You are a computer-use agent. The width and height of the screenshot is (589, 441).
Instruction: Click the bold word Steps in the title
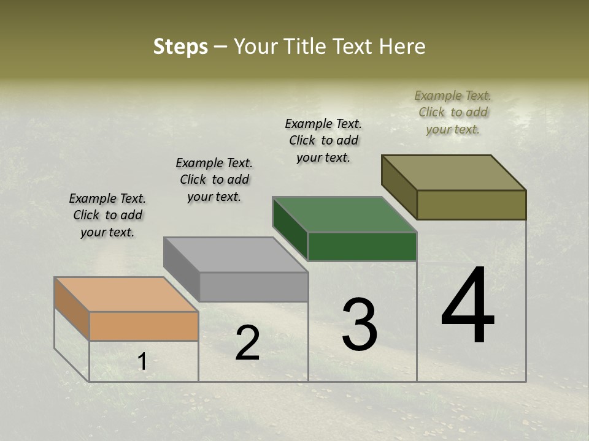tap(180, 47)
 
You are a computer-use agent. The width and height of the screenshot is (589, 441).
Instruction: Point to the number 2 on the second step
tap(247, 343)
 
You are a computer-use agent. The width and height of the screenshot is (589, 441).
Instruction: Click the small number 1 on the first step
tap(142, 362)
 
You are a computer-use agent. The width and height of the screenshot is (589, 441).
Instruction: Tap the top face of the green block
tap(345, 214)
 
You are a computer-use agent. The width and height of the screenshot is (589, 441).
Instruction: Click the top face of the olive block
tap(454, 173)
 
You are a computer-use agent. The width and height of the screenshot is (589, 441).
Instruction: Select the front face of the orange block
tap(144, 326)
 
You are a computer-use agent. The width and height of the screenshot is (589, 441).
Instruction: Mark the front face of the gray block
tap(253, 287)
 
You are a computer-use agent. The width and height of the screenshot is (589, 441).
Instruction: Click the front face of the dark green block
tap(362, 247)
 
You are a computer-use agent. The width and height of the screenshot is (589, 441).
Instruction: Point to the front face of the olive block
tap(471, 205)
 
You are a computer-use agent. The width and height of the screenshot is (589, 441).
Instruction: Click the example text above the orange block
tap(107, 215)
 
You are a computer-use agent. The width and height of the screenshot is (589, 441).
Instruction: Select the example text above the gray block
tap(214, 179)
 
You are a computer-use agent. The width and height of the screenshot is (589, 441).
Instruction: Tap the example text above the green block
tap(323, 140)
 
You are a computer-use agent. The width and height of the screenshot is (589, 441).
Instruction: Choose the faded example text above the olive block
tap(453, 112)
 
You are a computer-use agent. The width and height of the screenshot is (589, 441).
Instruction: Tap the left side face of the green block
tap(290, 228)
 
